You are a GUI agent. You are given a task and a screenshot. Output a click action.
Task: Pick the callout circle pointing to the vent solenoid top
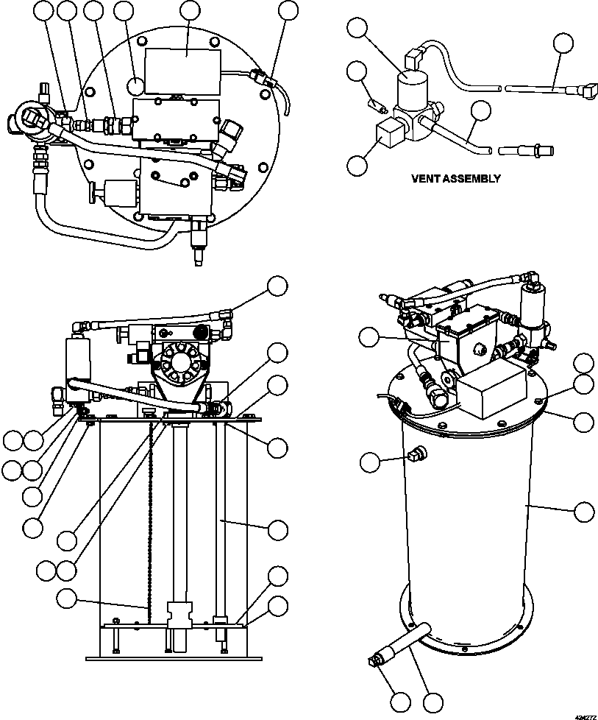[357, 29]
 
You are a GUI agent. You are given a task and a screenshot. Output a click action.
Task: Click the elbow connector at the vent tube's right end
[586, 93]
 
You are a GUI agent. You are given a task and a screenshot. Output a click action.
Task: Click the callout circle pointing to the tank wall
[583, 512]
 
